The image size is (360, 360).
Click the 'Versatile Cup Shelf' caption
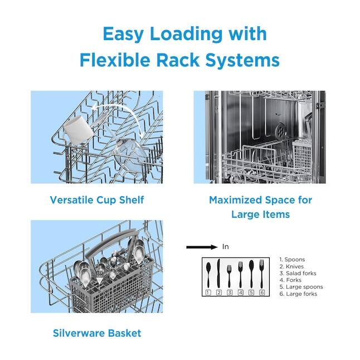[97, 200]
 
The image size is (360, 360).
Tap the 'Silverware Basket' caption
[97, 333]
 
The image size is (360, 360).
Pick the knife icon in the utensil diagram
[219, 274]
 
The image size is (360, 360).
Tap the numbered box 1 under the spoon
[208, 292]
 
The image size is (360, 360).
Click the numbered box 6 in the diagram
[262, 292]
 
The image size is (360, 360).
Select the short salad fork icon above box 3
[229, 276]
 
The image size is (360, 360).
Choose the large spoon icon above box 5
[251, 273]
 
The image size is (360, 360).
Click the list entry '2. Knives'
[291, 266]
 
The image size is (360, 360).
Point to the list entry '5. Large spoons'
[301, 287]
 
